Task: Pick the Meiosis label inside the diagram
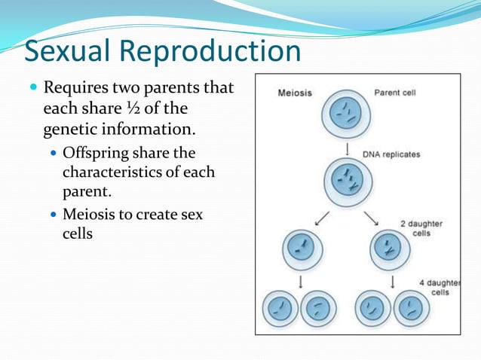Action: click(x=295, y=93)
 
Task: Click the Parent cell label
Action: click(x=395, y=93)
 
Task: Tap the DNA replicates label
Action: click(x=391, y=154)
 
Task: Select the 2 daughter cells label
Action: click(x=421, y=228)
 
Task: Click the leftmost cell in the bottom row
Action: click(x=280, y=308)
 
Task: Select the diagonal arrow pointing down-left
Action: click(x=321, y=218)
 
